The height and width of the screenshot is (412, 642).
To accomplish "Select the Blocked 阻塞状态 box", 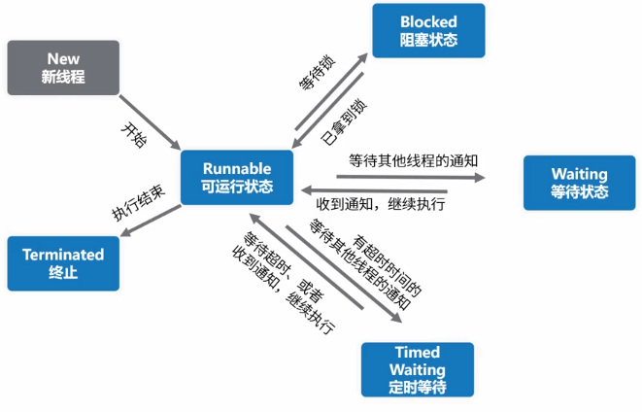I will point(428,30).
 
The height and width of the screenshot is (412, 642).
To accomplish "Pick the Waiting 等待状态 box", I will point(580,183).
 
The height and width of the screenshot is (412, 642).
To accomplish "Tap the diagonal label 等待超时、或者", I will point(275,268).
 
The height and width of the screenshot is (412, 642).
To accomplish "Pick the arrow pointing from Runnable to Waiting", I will point(409,176).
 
